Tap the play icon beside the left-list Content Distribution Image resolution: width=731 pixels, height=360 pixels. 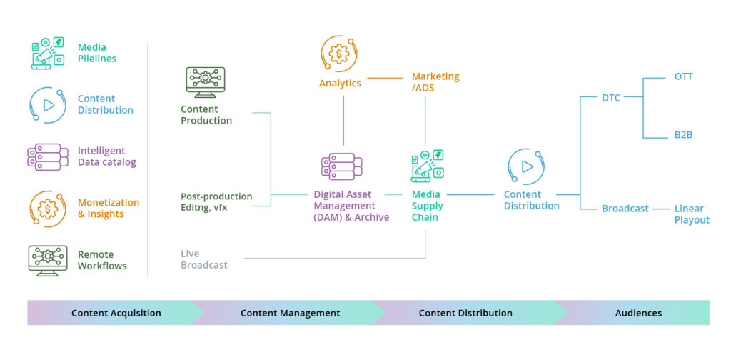tap(48, 105)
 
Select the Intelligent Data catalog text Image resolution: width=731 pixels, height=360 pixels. tap(106, 156)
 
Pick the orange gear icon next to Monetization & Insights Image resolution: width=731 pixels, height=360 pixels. tap(48, 209)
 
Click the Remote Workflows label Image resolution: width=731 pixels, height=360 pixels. tap(102, 260)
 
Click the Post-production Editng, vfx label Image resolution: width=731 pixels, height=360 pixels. tap(216, 201)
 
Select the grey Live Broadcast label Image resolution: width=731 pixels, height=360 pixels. tap(204, 259)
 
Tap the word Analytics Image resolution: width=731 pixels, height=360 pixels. tap(340, 83)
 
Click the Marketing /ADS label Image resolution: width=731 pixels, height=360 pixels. tap(435, 82)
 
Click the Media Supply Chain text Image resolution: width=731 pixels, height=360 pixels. tap(427, 206)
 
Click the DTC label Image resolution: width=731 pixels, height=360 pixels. tap(611, 98)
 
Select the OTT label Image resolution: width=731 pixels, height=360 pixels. tap(683, 76)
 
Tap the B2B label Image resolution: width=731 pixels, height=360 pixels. tap(683, 134)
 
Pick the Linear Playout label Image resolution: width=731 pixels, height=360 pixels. tap(692, 214)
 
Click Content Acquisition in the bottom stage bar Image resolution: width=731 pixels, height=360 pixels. tap(116, 313)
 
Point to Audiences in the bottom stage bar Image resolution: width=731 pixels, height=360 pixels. tap(638, 313)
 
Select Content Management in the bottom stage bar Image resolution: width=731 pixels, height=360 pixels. tap(290, 313)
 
